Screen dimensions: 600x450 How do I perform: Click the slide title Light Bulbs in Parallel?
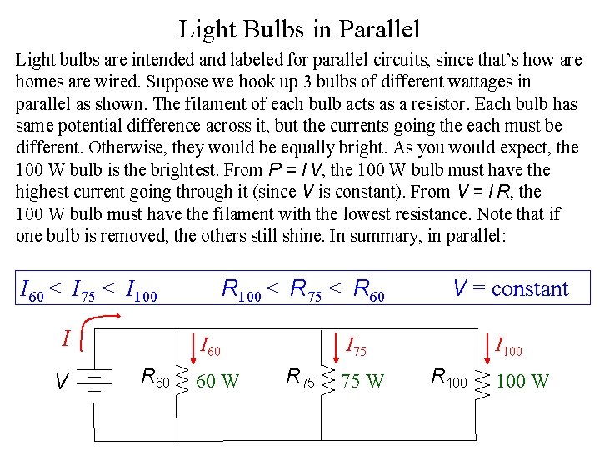point(299,30)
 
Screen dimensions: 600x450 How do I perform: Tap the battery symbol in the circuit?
point(97,380)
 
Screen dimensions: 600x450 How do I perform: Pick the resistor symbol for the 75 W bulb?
point(327,380)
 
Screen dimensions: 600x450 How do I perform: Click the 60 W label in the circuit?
point(217,381)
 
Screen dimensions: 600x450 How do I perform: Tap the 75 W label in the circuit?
point(362,381)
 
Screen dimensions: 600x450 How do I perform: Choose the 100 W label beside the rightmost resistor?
point(522,381)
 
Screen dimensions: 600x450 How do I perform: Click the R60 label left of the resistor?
point(155,377)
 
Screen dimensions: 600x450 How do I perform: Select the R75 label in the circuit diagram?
point(300,377)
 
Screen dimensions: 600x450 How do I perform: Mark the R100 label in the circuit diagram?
point(450,377)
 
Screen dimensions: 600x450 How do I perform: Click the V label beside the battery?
point(62,382)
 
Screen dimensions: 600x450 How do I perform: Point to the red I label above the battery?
point(66,338)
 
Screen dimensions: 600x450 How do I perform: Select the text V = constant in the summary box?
point(510,289)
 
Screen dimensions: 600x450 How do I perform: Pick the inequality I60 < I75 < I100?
point(88,291)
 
